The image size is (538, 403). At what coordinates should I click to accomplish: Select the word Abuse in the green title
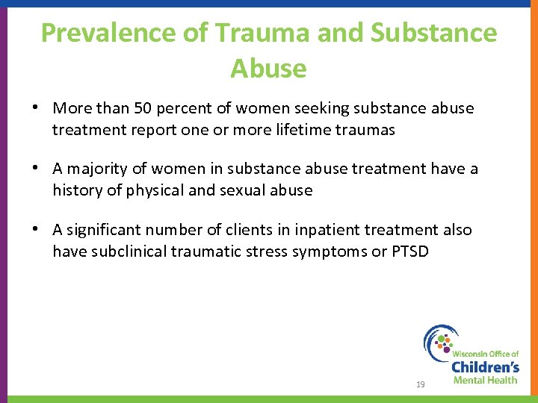(268, 68)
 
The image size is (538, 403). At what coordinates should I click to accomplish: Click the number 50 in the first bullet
(143, 108)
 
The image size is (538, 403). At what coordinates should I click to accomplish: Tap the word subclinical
(129, 252)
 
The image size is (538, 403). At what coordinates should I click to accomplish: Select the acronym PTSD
(410, 252)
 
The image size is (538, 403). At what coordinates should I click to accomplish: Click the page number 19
(420, 384)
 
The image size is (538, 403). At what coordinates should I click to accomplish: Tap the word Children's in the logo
(485, 367)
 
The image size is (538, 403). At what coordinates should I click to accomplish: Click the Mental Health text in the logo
(485, 381)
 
